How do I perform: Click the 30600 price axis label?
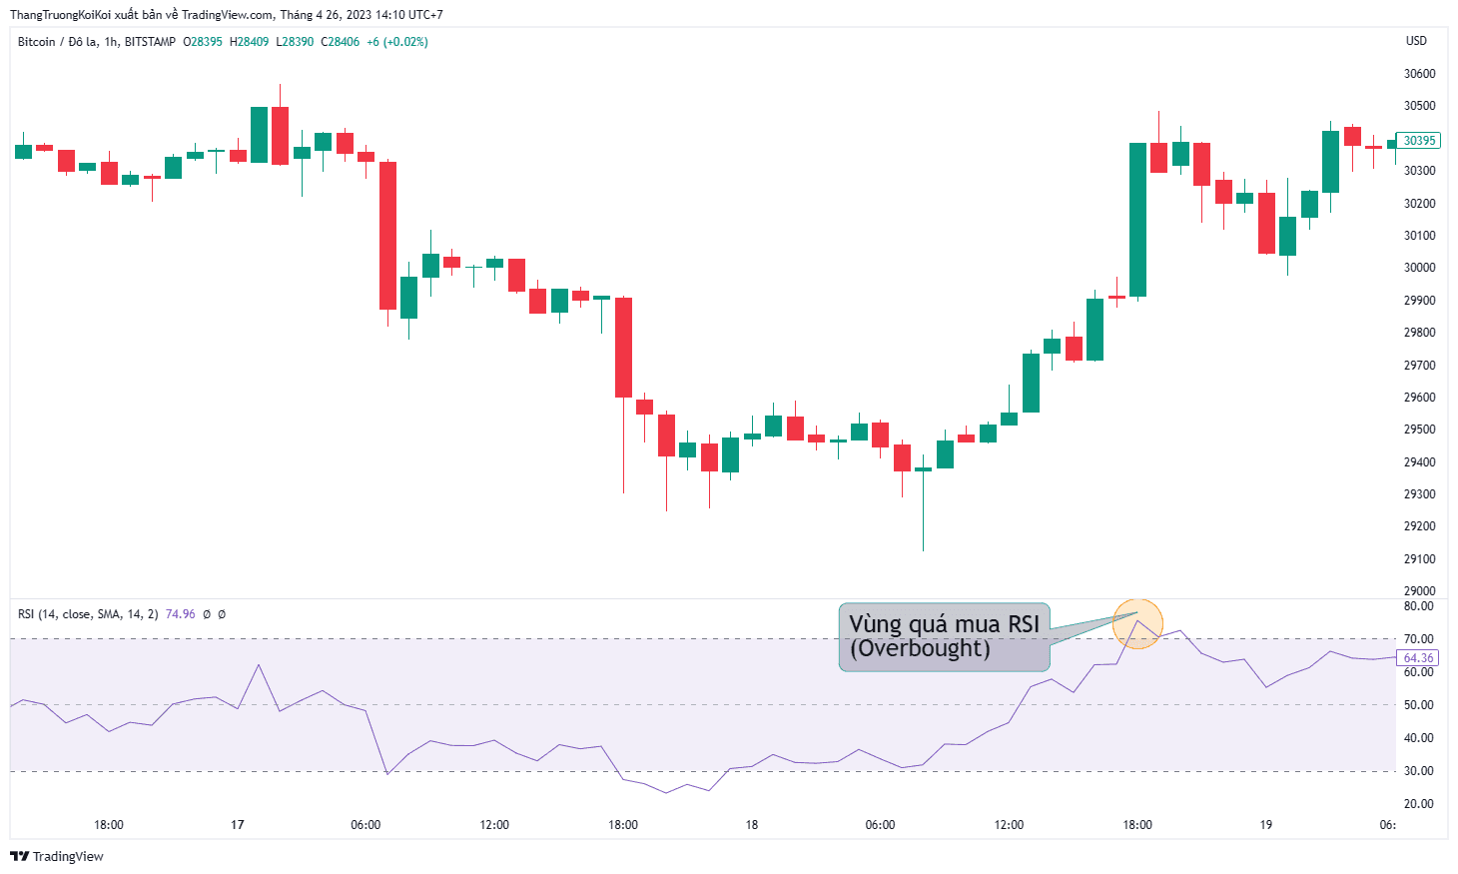click(1420, 74)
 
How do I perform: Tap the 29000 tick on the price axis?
click(1420, 590)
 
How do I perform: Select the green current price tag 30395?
click(1419, 141)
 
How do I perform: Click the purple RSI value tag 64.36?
click(1418, 658)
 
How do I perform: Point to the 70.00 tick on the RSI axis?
click(1419, 639)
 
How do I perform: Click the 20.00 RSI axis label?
click(1419, 804)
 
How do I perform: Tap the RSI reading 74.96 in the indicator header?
click(181, 614)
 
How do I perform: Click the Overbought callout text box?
click(944, 637)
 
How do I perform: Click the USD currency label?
click(1416, 40)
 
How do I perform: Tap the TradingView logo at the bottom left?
click(57, 856)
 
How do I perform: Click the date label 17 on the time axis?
click(238, 824)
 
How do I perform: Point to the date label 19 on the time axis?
click(1265, 824)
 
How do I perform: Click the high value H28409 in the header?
click(249, 42)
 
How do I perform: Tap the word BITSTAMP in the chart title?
click(150, 42)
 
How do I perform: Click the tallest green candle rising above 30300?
click(1137, 220)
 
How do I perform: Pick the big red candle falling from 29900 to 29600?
click(623, 348)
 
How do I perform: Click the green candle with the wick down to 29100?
click(923, 469)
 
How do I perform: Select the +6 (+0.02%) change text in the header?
click(397, 42)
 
